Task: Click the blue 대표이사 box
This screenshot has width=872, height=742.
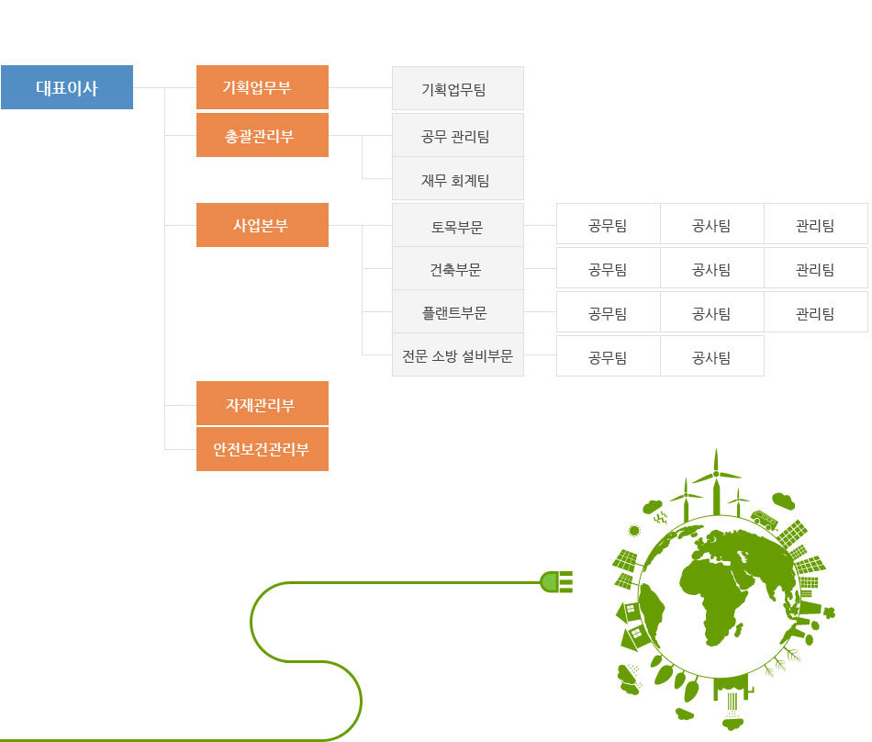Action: (67, 87)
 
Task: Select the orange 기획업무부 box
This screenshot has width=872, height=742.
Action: (263, 87)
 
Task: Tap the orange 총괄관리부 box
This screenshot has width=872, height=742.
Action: (263, 135)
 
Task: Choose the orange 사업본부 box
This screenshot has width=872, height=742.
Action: (263, 225)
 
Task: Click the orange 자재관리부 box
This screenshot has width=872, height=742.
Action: (263, 403)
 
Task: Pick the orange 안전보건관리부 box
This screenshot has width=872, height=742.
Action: (263, 449)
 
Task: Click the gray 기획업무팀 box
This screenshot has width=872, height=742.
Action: (458, 88)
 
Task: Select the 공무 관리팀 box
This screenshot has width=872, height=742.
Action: (458, 135)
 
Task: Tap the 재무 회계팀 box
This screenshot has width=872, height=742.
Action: (458, 178)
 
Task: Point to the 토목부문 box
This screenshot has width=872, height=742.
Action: (458, 225)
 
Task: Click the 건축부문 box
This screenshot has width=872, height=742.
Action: (458, 269)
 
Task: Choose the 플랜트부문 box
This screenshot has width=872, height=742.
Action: (458, 311)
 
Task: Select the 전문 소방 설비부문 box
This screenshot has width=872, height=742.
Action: (458, 354)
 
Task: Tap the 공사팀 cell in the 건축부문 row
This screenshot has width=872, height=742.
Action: (712, 268)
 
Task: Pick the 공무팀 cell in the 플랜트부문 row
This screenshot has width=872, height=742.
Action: (609, 312)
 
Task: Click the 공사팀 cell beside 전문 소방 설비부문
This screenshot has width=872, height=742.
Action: (712, 356)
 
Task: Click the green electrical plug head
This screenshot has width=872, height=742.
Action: (556, 582)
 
